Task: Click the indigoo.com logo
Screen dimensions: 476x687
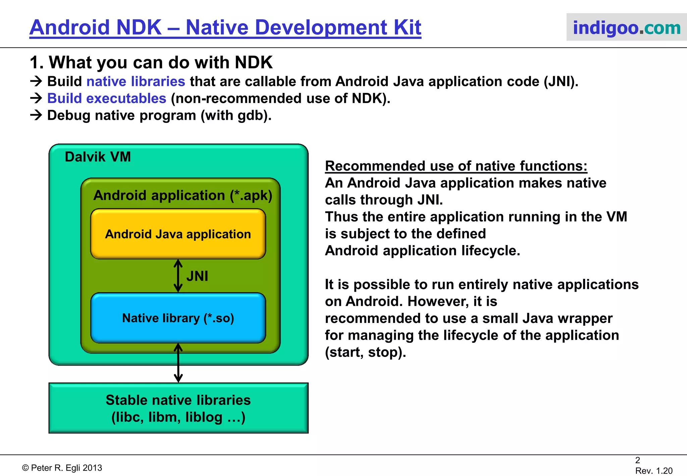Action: click(x=626, y=28)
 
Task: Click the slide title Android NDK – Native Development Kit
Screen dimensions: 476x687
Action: click(x=225, y=28)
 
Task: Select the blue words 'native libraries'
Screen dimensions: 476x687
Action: click(x=136, y=82)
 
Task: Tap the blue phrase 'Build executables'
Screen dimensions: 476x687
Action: click(x=107, y=98)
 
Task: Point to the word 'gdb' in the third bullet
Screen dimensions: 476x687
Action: click(x=250, y=115)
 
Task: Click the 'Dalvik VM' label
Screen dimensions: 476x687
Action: click(x=98, y=157)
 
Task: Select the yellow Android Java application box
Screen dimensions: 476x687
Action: click(x=178, y=234)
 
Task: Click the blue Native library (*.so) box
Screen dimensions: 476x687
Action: click(x=178, y=318)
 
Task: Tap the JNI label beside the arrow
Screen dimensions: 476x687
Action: click(x=197, y=276)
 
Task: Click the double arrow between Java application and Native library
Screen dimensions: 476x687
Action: click(x=178, y=276)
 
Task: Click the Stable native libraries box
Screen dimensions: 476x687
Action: click(x=178, y=408)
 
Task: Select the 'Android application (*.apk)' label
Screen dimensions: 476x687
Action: click(x=182, y=195)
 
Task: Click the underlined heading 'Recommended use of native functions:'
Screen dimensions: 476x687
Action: click(x=456, y=166)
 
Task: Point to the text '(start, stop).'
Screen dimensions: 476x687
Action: click(x=365, y=352)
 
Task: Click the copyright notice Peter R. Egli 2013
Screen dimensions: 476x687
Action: click(x=62, y=468)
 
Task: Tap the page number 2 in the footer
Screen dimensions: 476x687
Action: click(x=637, y=460)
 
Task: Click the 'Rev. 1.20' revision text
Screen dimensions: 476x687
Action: click(x=653, y=471)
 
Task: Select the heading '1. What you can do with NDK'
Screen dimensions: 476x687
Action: click(x=151, y=62)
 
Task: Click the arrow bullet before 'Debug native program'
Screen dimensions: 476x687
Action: click(x=36, y=115)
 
